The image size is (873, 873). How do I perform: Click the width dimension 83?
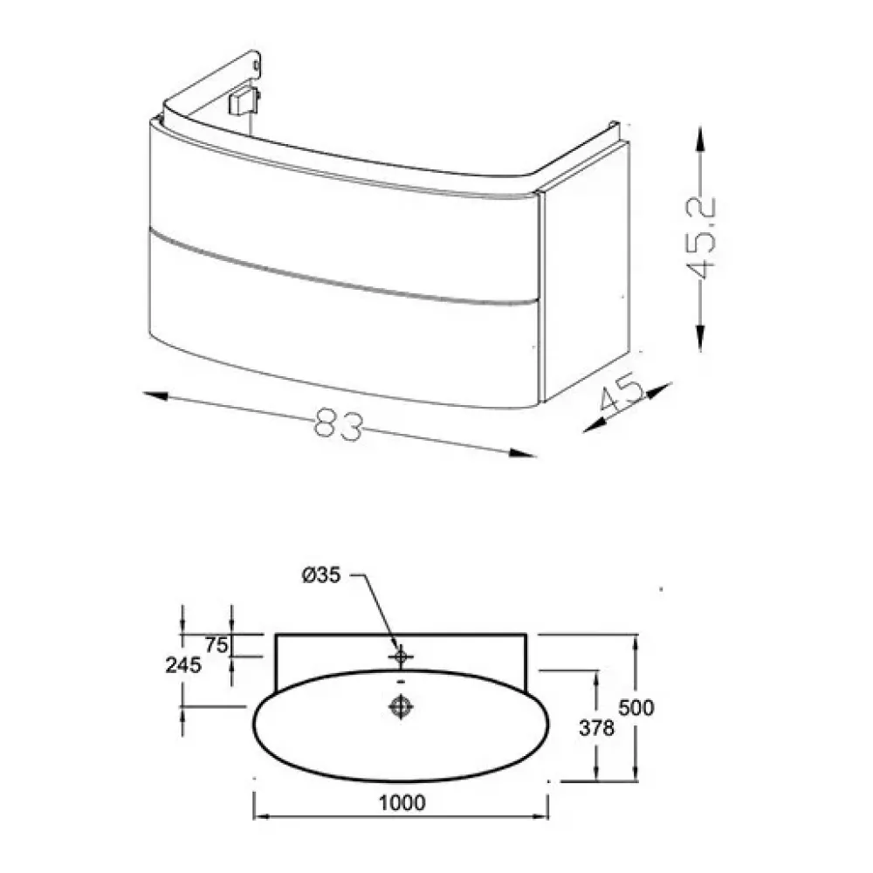coord(339,424)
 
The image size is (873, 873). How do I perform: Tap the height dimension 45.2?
coord(699,238)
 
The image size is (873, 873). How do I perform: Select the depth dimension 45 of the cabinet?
coord(622,395)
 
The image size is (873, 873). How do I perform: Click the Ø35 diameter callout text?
coord(320,575)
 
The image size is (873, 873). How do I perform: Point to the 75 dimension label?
coord(216,645)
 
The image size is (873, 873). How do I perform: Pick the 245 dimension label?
coord(183,664)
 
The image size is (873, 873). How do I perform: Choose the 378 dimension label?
coord(597,728)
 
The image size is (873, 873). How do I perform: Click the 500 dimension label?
coord(636,708)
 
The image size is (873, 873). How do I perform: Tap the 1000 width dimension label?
coord(402,803)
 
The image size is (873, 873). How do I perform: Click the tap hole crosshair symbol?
coord(401,657)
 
